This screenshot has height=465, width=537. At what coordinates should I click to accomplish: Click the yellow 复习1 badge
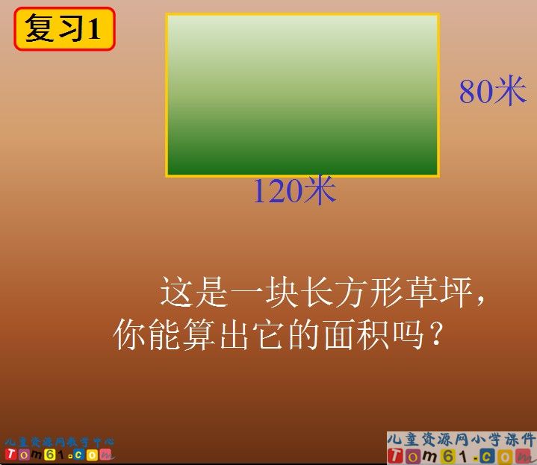(x=64, y=29)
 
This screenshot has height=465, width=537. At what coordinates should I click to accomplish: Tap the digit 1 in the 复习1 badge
(x=94, y=30)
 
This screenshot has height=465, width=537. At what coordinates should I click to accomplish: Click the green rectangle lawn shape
(x=302, y=95)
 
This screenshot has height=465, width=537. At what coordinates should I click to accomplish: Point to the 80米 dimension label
(x=493, y=92)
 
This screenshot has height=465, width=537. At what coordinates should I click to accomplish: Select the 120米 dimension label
(x=294, y=192)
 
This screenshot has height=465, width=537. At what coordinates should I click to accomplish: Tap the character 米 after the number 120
(x=320, y=192)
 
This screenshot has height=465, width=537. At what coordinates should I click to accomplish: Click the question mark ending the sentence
(x=439, y=337)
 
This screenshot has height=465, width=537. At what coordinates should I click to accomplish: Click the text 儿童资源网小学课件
(x=461, y=439)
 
